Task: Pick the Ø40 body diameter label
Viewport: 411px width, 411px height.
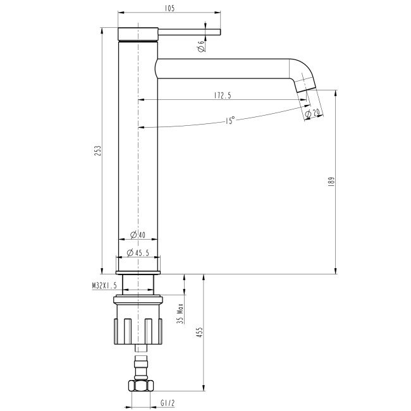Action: point(137,235)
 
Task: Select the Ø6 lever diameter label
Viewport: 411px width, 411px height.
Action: point(200,46)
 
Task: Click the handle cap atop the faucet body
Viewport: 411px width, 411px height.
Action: point(138,34)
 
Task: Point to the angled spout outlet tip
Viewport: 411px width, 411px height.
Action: point(307,82)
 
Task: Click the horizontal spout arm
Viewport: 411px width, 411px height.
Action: point(221,68)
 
